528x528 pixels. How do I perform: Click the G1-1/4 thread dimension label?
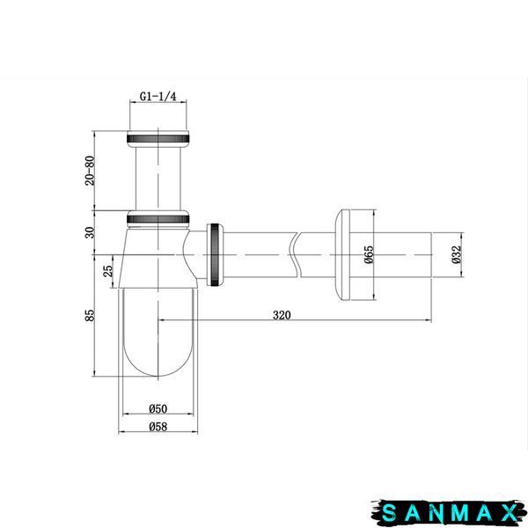[158, 96]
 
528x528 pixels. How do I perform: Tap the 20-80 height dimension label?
[90, 171]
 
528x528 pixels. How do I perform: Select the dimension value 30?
[90, 232]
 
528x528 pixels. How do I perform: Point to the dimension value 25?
[107, 271]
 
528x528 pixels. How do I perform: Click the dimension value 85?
[90, 315]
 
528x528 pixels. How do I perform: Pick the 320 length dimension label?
[282, 315]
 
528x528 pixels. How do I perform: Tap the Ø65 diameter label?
[369, 254]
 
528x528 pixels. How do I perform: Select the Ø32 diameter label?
[456, 254]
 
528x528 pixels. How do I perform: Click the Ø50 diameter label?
[158, 408]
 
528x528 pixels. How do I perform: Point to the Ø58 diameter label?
[158, 426]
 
